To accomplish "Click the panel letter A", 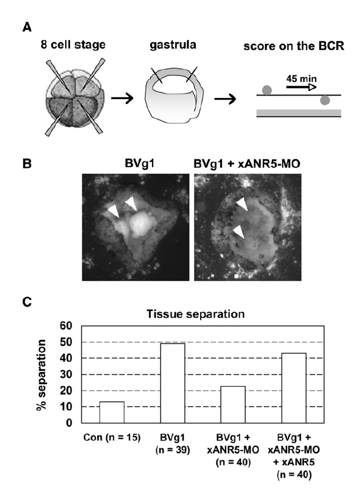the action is coord(27,27).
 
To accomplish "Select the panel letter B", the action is coord(27,164).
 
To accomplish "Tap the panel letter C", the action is coord(27,302).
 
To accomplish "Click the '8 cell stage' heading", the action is coord(73,44).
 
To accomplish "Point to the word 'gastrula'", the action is coord(173,45).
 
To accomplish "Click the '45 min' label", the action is coord(302,78).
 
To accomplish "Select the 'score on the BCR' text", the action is coord(294,46).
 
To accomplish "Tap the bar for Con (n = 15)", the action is coord(111,412).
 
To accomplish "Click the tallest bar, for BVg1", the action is coord(172,383).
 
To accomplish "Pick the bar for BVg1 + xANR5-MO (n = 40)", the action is coord(233,404).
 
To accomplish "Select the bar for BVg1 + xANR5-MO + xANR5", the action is coord(294,388).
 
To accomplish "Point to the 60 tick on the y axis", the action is coord(66,326).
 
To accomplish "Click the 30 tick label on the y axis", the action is coord(66,374).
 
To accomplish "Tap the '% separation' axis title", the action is coord(41,375).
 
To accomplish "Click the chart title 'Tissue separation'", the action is coord(196,314).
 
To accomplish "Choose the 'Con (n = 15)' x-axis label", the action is coord(112,437).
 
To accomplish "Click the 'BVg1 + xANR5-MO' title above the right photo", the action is coord(247,164).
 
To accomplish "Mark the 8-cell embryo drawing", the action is coord(75,97).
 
